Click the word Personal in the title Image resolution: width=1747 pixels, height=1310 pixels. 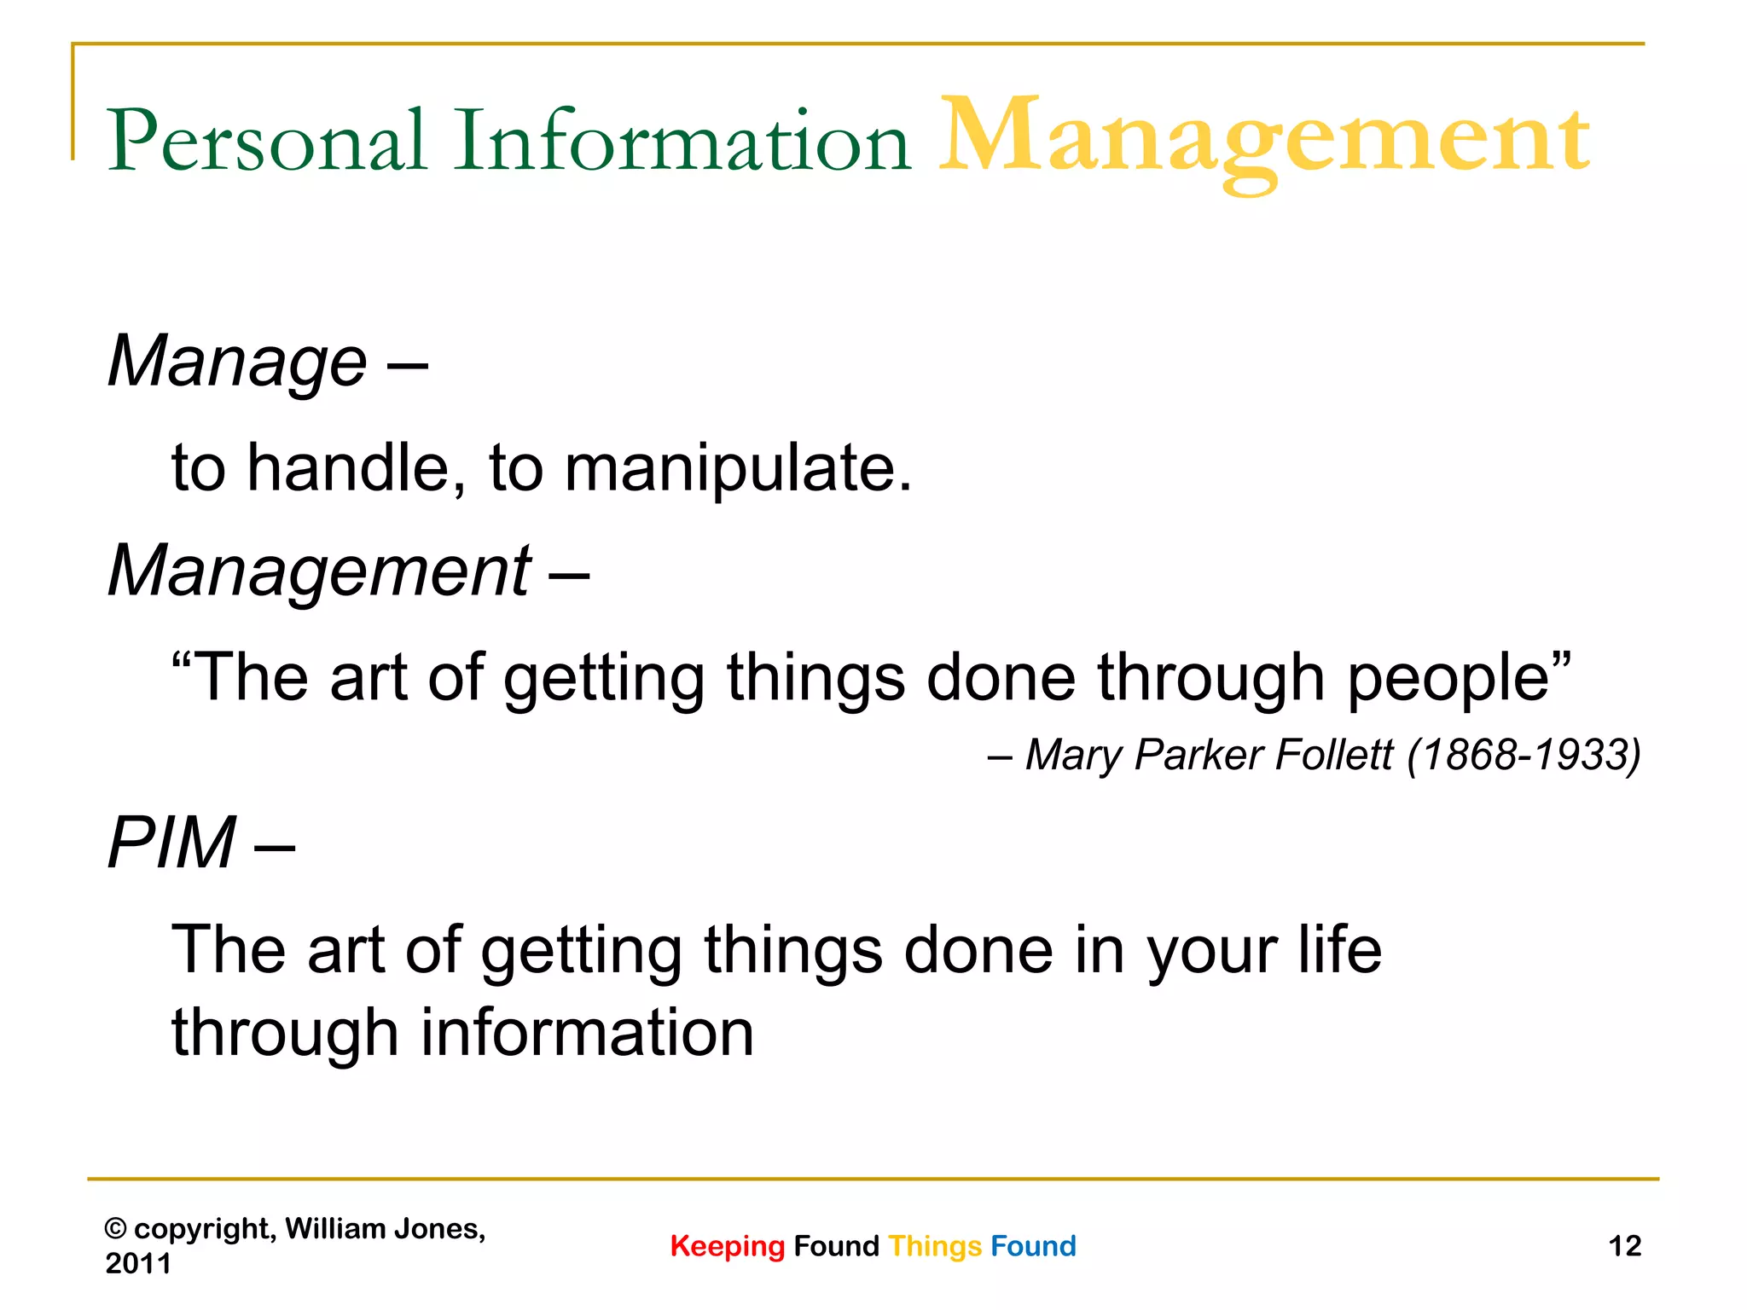tap(266, 141)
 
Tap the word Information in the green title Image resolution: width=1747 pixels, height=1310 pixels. tap(682, 141)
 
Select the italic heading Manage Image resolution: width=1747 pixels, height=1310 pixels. tap(237, 362)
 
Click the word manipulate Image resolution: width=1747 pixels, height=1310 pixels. tap(738, 469)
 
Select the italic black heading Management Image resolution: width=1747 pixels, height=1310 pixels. tap(319, 571)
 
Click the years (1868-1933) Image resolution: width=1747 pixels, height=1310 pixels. tap(1524, 755)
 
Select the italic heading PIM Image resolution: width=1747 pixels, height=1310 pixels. tap(171, 843)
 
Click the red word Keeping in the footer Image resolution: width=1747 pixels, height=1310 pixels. tap(727, 1246)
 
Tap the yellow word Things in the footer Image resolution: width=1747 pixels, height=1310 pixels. tap(935, 1246)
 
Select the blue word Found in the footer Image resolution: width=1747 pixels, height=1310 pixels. tap(1033, 1246)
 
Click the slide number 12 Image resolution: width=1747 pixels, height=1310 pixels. tap(1624, 1246)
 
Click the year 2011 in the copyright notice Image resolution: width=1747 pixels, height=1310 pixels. tap(137, 1263)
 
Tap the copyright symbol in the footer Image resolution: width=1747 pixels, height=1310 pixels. tap(115, 1229)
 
